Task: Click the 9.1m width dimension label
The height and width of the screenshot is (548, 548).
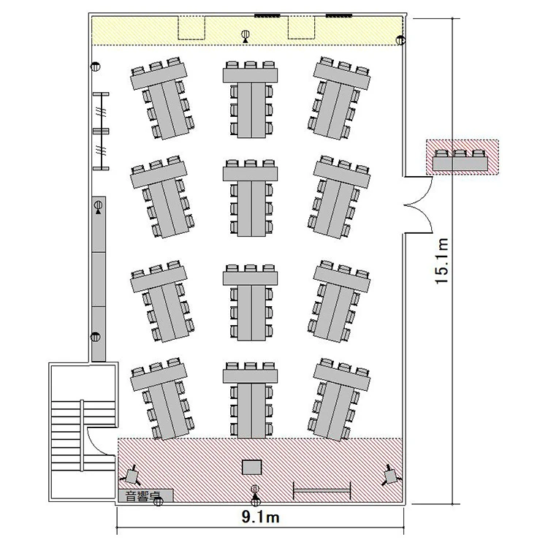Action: coord(260,517)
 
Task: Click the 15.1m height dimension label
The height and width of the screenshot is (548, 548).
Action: coord(442,262)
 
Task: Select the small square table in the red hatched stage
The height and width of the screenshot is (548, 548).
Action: coord(252,468)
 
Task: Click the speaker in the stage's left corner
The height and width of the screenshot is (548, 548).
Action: coord(132,476)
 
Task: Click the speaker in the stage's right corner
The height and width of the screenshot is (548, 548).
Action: coord(391,476)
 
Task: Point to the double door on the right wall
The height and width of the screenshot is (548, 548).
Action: coord(418,205)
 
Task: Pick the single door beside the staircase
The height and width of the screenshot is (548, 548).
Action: coord(101,441)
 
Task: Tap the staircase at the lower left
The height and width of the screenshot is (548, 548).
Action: coord(83,433)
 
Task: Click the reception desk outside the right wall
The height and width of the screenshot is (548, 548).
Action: coord(460,160)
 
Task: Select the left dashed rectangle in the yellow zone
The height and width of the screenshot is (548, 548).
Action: coord(191,28)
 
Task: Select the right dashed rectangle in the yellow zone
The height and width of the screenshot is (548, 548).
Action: coord(301,28)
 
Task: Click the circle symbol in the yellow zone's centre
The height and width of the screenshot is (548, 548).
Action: coord(246,34)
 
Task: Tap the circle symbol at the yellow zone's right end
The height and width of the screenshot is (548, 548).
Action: coord(400,40)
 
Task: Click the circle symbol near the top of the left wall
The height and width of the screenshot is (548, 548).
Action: coord(96,66)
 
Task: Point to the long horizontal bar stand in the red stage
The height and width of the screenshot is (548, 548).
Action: coord(322,491)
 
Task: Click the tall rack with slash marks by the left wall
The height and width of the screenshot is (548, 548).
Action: coord(101,132)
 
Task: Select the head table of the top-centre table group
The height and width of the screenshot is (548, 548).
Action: coord(250,75)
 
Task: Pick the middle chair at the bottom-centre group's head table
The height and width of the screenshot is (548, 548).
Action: coord(250,366)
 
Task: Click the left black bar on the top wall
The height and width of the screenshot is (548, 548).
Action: coord(267,15)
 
